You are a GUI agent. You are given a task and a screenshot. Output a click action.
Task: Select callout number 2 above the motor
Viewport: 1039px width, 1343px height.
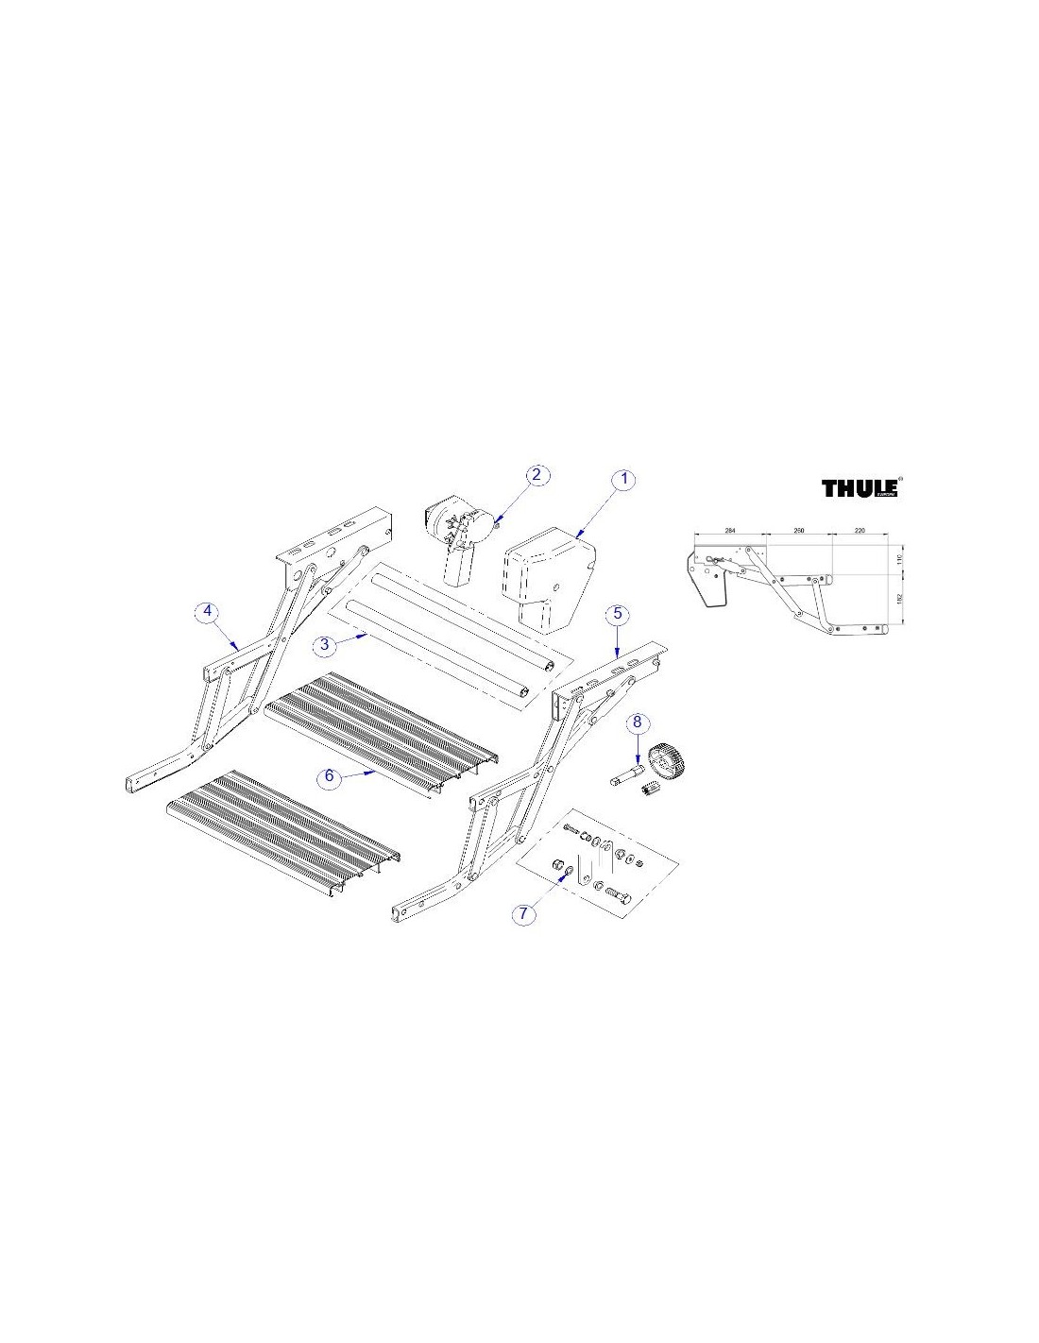(x=536, y=474)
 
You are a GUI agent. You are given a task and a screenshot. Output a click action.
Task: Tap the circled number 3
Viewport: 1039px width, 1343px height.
(x=324, y=644)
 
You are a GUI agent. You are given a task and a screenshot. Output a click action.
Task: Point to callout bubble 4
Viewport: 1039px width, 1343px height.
(x=208, y=611)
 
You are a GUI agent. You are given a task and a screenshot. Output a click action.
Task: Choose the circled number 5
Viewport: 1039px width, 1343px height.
(x=617, y=613)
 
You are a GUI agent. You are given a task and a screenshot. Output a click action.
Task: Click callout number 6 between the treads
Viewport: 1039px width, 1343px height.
(x=330, y=775)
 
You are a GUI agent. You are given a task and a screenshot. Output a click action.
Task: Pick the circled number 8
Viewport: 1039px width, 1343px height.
(x=638, y=722)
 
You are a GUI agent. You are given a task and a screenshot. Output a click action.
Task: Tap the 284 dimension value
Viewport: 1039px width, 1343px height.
(x=729, y=532)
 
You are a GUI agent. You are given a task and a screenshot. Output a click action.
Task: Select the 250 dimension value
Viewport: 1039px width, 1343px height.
(x=798, y=532)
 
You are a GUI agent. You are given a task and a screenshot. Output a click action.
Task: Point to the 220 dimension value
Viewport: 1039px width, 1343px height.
(x=859, y=532)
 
